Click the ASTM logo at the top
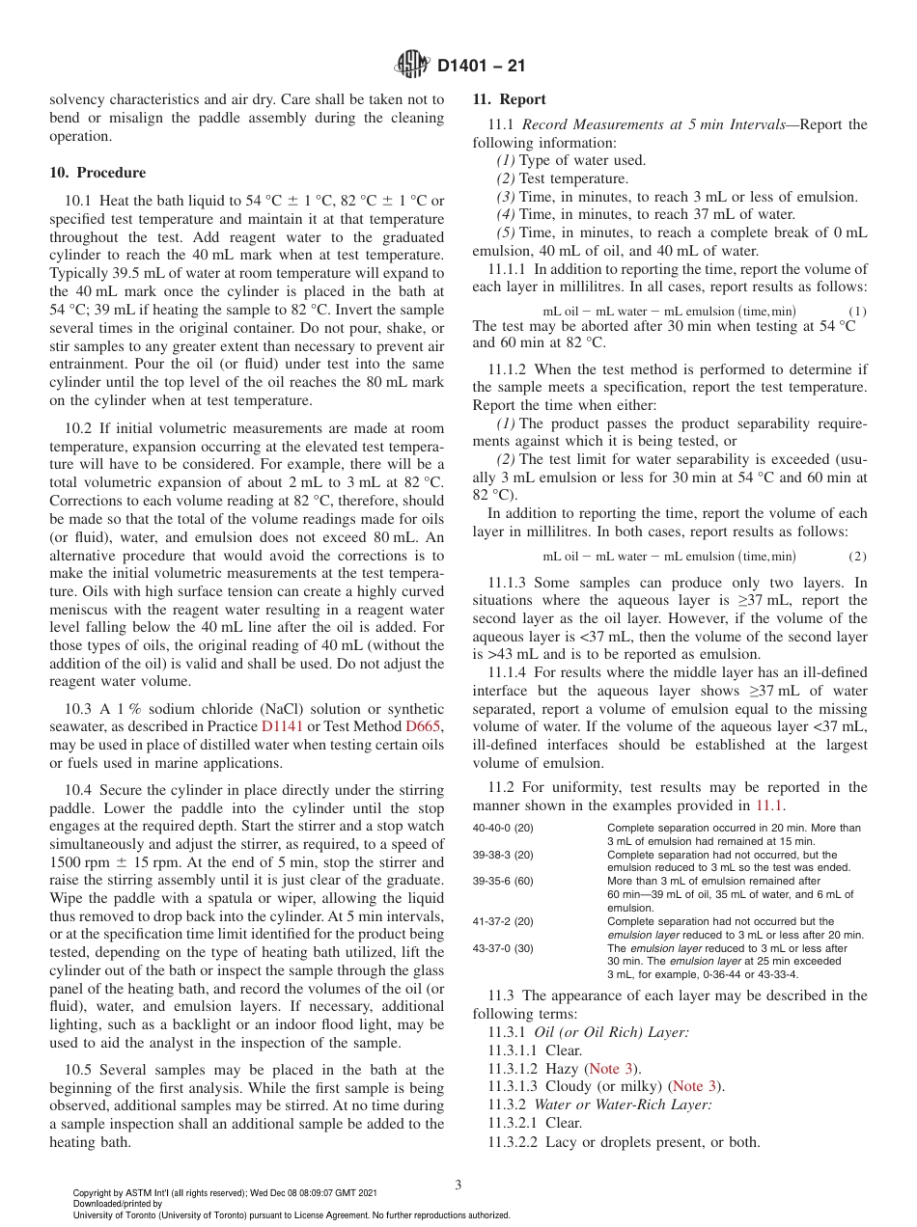pyautogui.click(x=412, y=66)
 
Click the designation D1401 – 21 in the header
pyautogui.click(x=481, y=67)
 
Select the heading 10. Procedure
pyautogui.click(x=97, y=173)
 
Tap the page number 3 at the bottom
pyautogui.click(x=458, y=1184)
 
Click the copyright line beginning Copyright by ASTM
pyautogui.click(x=225, y=1192)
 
